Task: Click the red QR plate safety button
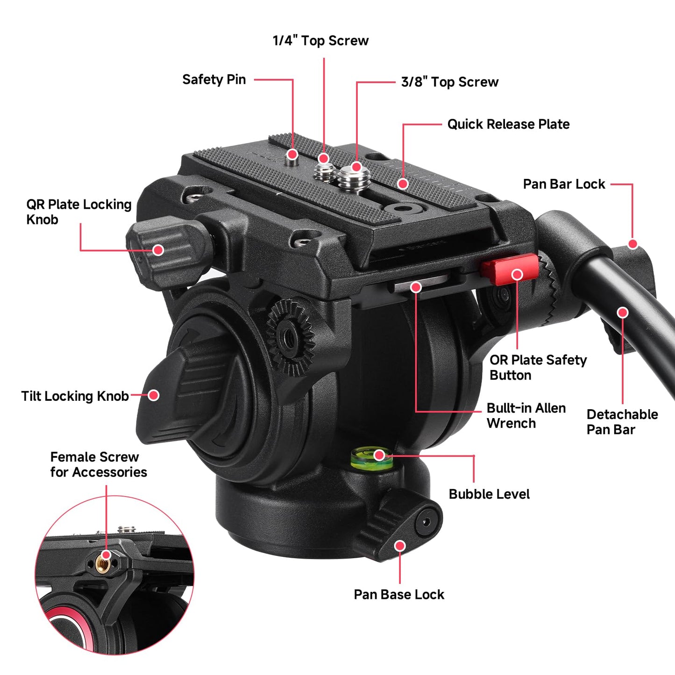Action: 510,270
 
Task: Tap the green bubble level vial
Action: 372,457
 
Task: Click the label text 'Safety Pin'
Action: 214,79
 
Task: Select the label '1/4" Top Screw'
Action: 320,41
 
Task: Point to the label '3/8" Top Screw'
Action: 450,82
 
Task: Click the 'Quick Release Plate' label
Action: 508,124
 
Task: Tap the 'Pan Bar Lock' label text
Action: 564,184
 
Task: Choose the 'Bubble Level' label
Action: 489,494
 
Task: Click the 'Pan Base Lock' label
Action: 398,595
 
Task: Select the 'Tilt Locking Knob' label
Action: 75,396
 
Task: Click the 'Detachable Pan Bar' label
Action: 622,422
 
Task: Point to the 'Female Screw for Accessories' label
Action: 99,464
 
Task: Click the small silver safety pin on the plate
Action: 292,158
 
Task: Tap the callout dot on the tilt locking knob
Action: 153,396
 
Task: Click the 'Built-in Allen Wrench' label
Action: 526,415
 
